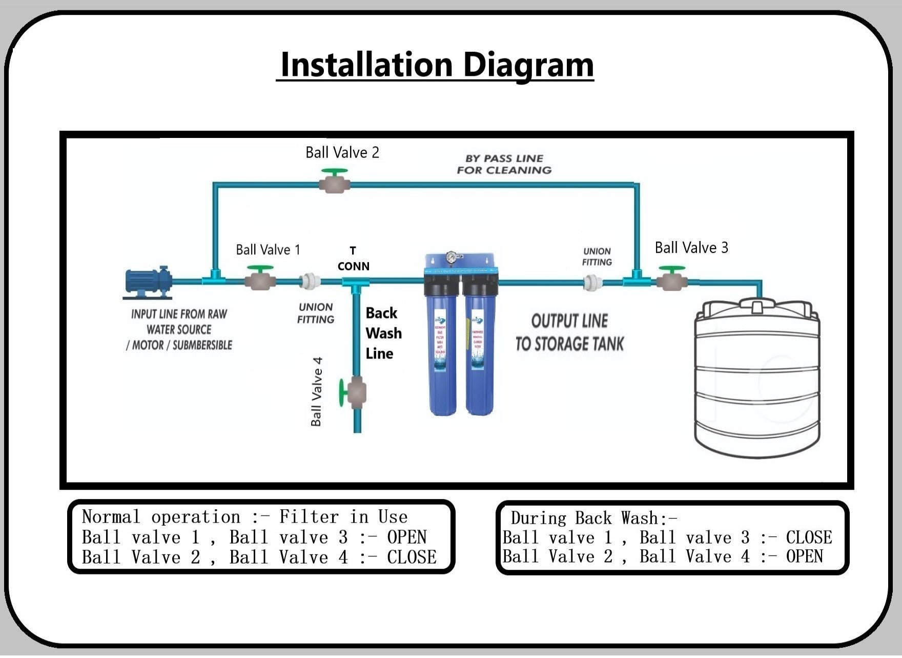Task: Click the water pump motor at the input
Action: tap(149, 282)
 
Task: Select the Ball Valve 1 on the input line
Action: tap(260, 280)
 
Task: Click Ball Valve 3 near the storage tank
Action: tap(672, 280)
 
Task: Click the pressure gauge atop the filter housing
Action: tap(452, 257)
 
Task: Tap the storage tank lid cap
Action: tap(758, 307)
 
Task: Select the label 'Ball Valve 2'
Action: tap(342, 152)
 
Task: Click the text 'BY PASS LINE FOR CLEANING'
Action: tap(504, 164)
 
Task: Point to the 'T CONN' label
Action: tap(353, 258)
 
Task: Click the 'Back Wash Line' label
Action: tap(383, 333)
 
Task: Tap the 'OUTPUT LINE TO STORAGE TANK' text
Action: tap(569, 332)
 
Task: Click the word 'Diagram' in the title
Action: tap(528, 65)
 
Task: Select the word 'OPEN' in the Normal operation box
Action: tap(407, 537)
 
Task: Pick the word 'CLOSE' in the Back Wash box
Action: tap(809, 537)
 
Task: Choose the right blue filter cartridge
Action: tap(480, 349)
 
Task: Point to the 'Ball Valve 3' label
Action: tap(691, 248)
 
